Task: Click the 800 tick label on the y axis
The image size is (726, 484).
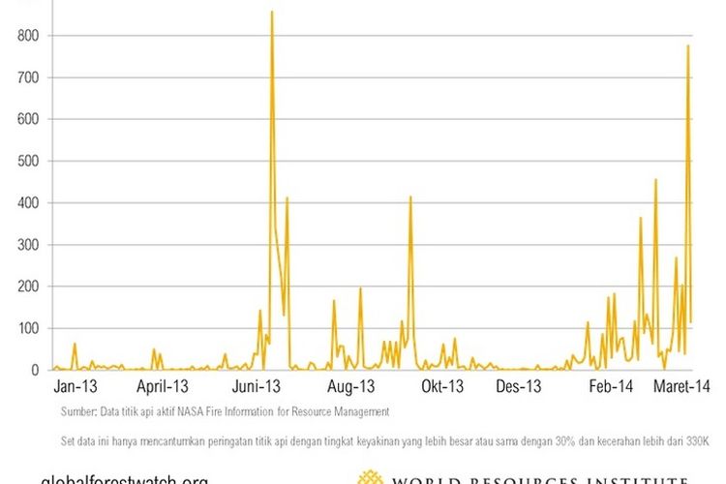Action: coord(26,36)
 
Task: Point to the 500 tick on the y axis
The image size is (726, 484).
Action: coord(26,161)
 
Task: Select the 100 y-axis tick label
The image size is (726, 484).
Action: coord(26,328)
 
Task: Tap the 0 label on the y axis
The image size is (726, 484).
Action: coord(34,370)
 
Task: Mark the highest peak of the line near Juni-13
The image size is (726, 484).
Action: coord(272,12)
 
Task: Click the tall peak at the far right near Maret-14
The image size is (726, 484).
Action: coord(688,45)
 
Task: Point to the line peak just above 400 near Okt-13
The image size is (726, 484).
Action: coord(410,197)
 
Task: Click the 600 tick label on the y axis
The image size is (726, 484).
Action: coord(26,119)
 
